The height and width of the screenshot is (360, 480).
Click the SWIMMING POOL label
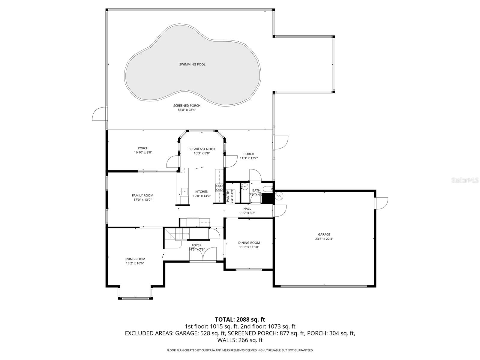pos(192,64)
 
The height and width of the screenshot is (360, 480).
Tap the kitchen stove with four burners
pos(219,188)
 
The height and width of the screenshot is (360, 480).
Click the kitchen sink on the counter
pos(184,190)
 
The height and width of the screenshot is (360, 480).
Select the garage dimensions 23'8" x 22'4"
pos(324,239)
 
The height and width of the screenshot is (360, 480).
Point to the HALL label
pos(247,209)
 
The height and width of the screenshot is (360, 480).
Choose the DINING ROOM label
pos(249,243)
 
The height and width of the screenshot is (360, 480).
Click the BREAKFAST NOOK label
pos(202,149)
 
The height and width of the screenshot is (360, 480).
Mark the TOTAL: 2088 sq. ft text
pos(240,319)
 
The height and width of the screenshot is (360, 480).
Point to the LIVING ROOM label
pos(135,259)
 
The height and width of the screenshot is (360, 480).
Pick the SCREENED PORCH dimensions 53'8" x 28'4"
pos(187,110)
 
